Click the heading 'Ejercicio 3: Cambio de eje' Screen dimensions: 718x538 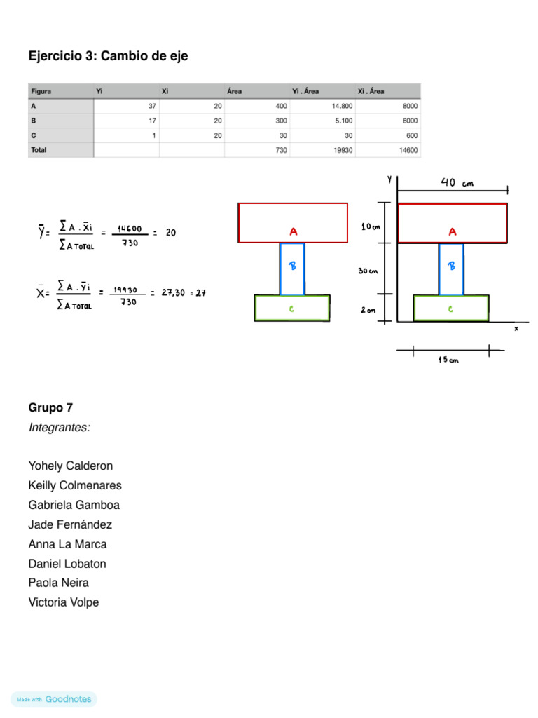click(108, 56)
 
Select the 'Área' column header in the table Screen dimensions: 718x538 click(235, 91)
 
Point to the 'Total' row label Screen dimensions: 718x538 click(39, 150)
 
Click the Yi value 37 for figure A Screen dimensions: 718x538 click(151, 106)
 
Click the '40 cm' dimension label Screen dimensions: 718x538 click(457, 183)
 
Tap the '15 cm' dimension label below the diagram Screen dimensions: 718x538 click(448, 360)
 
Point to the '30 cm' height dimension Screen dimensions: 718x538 click(368, 271)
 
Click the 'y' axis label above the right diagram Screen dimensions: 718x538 click(389, 180)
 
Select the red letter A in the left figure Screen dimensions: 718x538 click(294, 231)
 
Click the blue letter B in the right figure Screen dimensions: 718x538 click(452, 266)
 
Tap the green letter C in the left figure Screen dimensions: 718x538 click(291, 308)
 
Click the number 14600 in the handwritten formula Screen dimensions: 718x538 click(130, 228)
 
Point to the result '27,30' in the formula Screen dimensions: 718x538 click(172, 293)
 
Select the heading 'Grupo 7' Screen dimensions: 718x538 click(50, 407)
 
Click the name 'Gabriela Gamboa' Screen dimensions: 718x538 click(74, 505)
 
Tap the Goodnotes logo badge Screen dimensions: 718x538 click(54, 699)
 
